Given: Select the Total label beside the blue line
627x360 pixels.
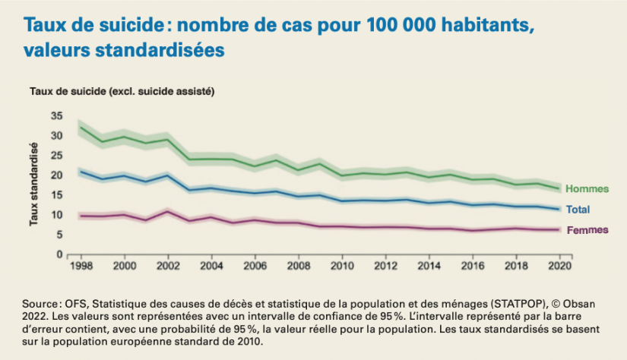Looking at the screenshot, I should pos(578,210).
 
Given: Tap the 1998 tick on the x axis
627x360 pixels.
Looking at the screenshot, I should pos(80,267).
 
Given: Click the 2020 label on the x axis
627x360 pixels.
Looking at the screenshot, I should pos(561,267).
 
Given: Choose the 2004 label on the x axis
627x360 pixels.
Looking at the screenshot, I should pos(211,267).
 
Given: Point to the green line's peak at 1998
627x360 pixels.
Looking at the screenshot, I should pos(81,127).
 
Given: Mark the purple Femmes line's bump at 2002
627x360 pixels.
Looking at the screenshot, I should pos(167,211).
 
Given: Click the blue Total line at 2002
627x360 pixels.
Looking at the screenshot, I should pos(167,175).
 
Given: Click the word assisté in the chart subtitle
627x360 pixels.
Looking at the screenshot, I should pos(195,92).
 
